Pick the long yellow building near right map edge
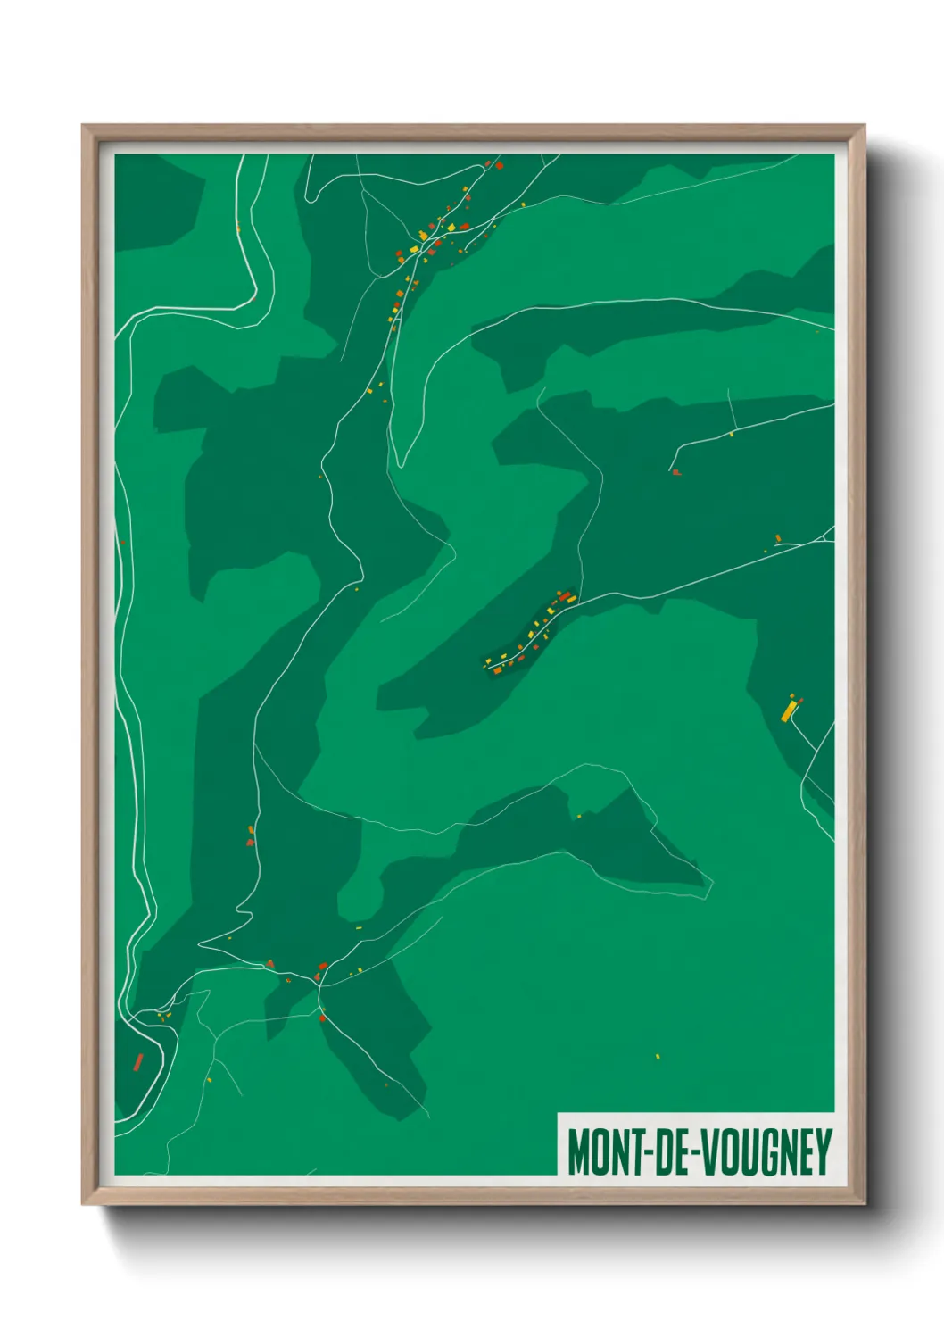click(x=788, y=710)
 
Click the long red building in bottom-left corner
click(x=138, y=1061)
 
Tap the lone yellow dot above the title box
click(x=658, y=1056)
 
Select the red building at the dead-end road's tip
click(x=675, y=471)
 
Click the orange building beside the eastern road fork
click(x=778, y=537)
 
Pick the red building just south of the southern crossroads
click(x=322, y=1017)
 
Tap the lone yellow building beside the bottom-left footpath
click(x=210, y=1079)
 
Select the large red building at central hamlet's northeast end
click(x=564, y=596)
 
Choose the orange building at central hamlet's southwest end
click(x=497, y=669)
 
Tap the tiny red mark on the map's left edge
click(x=122, y=541)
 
